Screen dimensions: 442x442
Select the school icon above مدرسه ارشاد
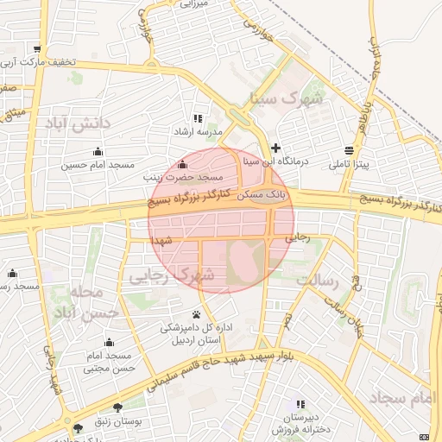pyautogui.click(x=198, y=118)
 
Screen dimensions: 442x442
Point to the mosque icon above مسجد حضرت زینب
pyautogui.click(x=181, y=164)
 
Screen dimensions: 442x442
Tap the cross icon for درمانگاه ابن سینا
pyautogui.click(x=275, y=148)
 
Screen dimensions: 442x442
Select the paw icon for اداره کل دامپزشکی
pyautogui.click(x=197, y=314)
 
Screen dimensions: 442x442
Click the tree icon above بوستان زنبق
pyautogui.click(x=117, y=406)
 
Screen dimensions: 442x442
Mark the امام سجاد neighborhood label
pyautogui.click(x=404, y=398)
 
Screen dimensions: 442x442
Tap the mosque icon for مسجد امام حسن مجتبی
pyautogui.click(x=110, y=342)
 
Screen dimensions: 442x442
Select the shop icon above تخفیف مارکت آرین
pyautogui.click(x=35, y=49)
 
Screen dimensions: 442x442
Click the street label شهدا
pyautogui.click(x=161, y=237)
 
